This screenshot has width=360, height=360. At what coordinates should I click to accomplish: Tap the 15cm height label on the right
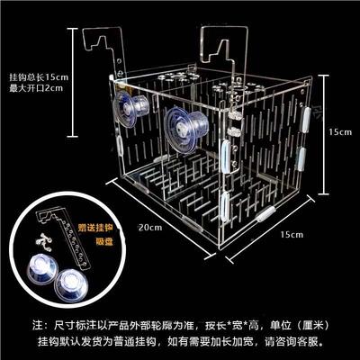pos(339,131)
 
